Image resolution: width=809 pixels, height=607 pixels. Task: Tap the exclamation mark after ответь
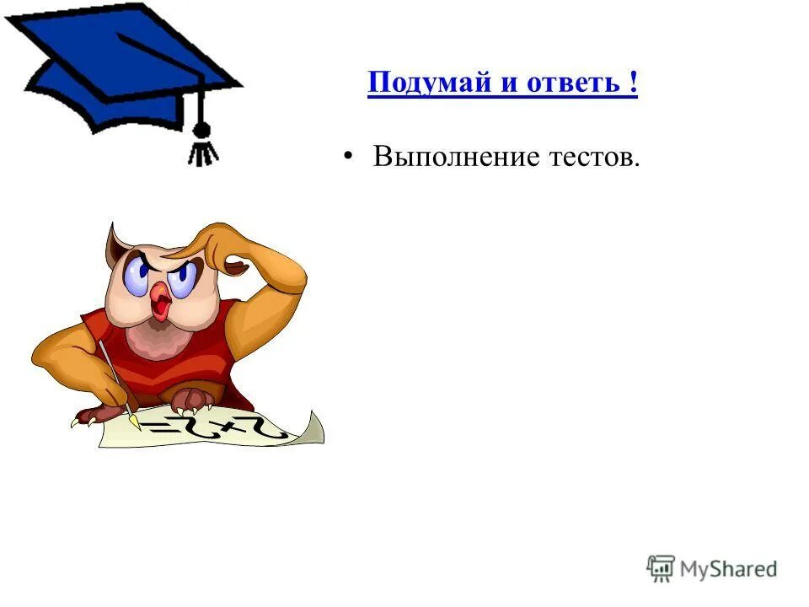[x=632, y=84]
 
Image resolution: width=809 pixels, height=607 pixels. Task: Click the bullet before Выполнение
[x=348, y=157]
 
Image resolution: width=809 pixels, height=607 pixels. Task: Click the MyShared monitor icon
[x=661, y=568]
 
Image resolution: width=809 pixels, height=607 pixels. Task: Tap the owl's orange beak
[x=159, y=300]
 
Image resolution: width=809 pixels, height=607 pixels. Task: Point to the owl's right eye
[x=185, y=275]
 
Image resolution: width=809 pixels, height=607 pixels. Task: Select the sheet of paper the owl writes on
[x=219, y=430]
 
